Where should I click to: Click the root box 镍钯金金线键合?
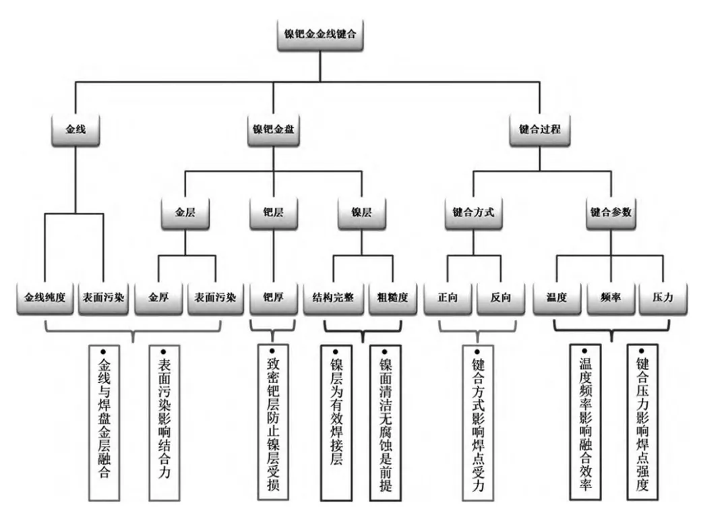pyautogui.click(x=320, y=34)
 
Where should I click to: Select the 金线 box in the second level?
pyautogui.click(x=75, y=129)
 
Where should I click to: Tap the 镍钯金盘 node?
pyautogui.click(x=273, y=129)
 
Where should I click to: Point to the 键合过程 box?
pyautogui.click(x=539, y=129)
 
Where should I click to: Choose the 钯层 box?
pyautogui.click(x=274, y=213)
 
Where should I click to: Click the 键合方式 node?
pyautogui.click(x=474, y=213)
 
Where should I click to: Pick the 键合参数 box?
pyautogui.click(x=611, y=213)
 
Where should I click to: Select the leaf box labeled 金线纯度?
pyautogui.click(x=45, y=298)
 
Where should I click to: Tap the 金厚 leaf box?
pyautogui.click(x=158, y=298)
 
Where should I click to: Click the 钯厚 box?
pyautogui.click(x=274, y=298)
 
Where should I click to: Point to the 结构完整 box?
pyautogui.click(x=334, y=298)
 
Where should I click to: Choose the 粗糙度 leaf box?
pyautogui.click(x=393, y=298)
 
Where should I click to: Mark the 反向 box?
pyautogui.click(x=500, y=298)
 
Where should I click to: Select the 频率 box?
pyautogui.click(x=611, y=298)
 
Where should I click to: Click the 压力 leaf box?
pyautogui.click(x=663, y=298)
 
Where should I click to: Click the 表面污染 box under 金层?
pyautogui.click(x=216, y=298)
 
